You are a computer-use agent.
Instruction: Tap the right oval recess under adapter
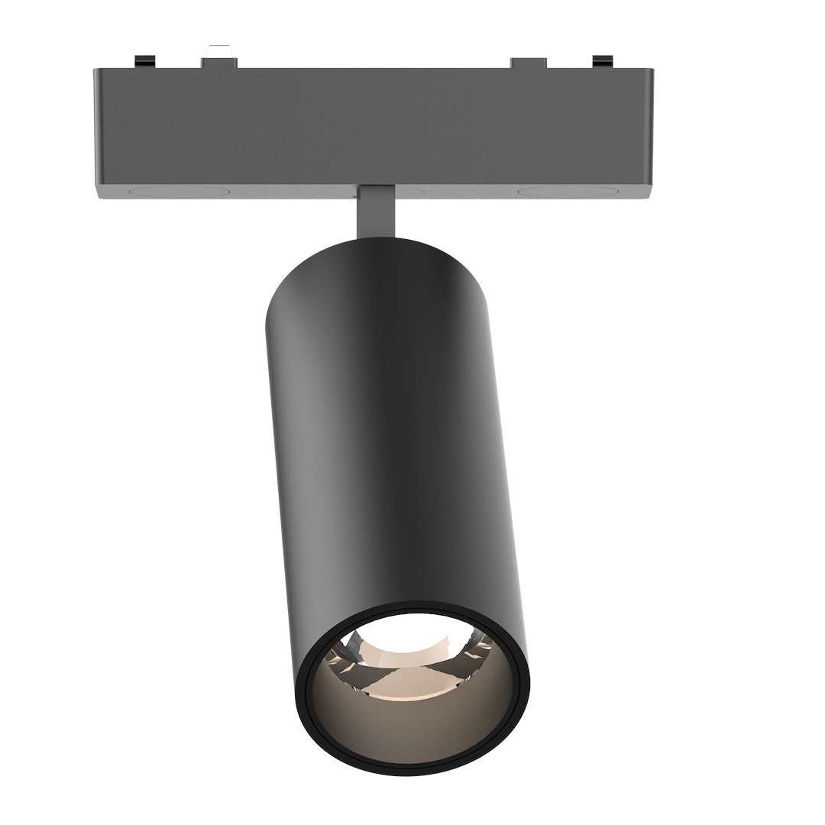click(556, 190)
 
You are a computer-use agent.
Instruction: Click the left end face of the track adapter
click(98, 130)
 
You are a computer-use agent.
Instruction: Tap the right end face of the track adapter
click(648, 130)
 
